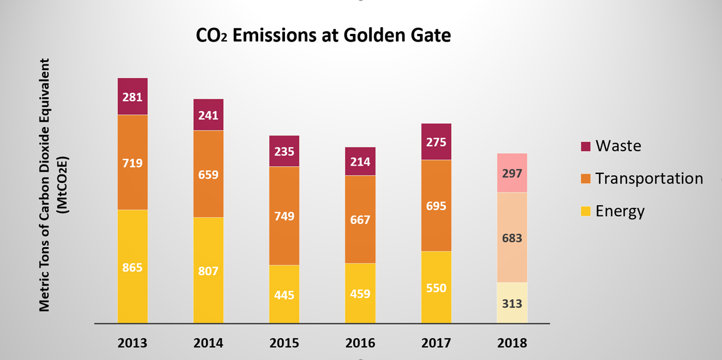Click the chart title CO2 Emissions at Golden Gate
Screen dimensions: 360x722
point(323,36)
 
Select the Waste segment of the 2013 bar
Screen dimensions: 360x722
point(132,97)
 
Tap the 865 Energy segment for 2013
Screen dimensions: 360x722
point(132,267)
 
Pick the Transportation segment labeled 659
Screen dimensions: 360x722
point(208,174)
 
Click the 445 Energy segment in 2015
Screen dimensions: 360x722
point(284,294)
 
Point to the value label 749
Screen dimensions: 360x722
point(284,216)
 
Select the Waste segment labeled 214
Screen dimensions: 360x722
point(360,162)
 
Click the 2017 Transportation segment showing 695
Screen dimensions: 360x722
point(436,206)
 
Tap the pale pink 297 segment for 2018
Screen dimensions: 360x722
point(512,173)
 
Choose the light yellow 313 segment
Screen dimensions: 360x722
point(512,303)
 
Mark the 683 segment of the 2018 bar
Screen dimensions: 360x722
point(512,238)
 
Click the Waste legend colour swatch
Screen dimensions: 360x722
point(585,146)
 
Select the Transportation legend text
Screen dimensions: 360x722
point(649,178)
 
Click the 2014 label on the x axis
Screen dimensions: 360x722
point(208,343)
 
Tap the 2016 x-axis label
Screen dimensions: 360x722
point(360,343)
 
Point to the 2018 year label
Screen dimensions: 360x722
point(512,343)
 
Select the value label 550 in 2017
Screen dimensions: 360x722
point(436,288)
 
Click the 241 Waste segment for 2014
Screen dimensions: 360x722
point(208,115)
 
